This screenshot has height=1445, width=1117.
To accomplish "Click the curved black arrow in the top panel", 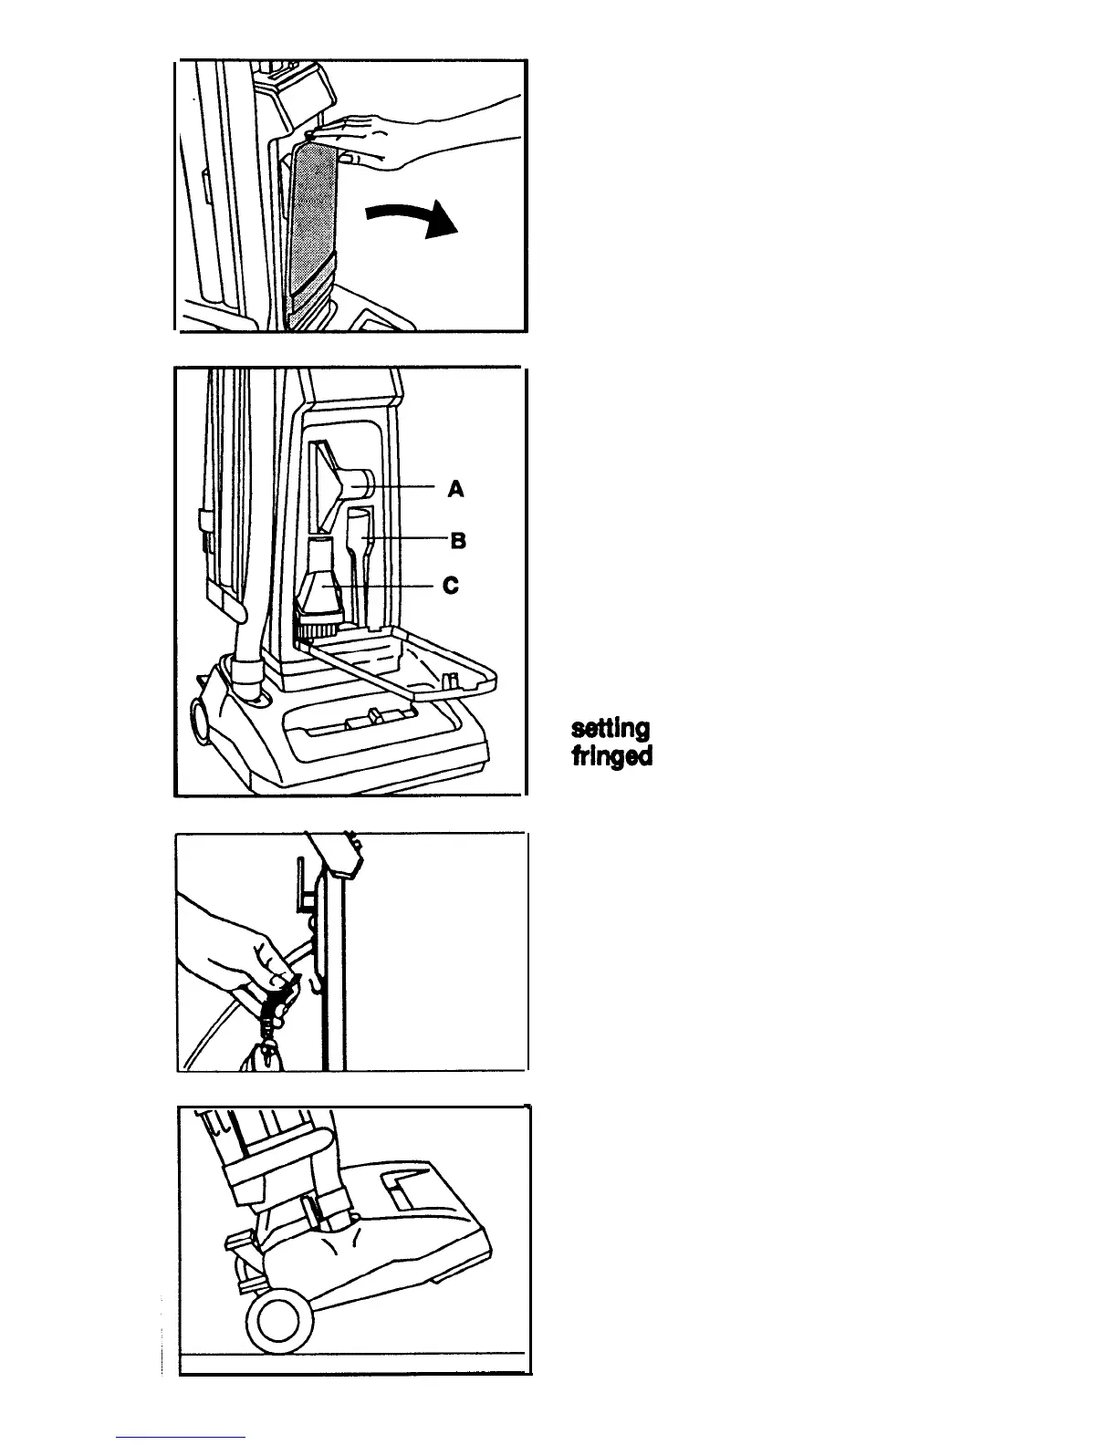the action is [x=412, y=219].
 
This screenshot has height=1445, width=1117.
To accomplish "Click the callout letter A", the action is [x=455, y=489].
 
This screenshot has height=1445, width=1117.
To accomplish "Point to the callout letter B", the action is [x=458, y=540].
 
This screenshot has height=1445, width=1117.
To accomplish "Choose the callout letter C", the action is [x=449, y=586].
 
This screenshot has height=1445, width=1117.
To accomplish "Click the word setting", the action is [x=611, y=729].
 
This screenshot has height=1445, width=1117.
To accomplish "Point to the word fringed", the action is [x=611, y=757].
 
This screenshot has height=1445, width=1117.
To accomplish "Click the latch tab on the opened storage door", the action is [x=448, y=680].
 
